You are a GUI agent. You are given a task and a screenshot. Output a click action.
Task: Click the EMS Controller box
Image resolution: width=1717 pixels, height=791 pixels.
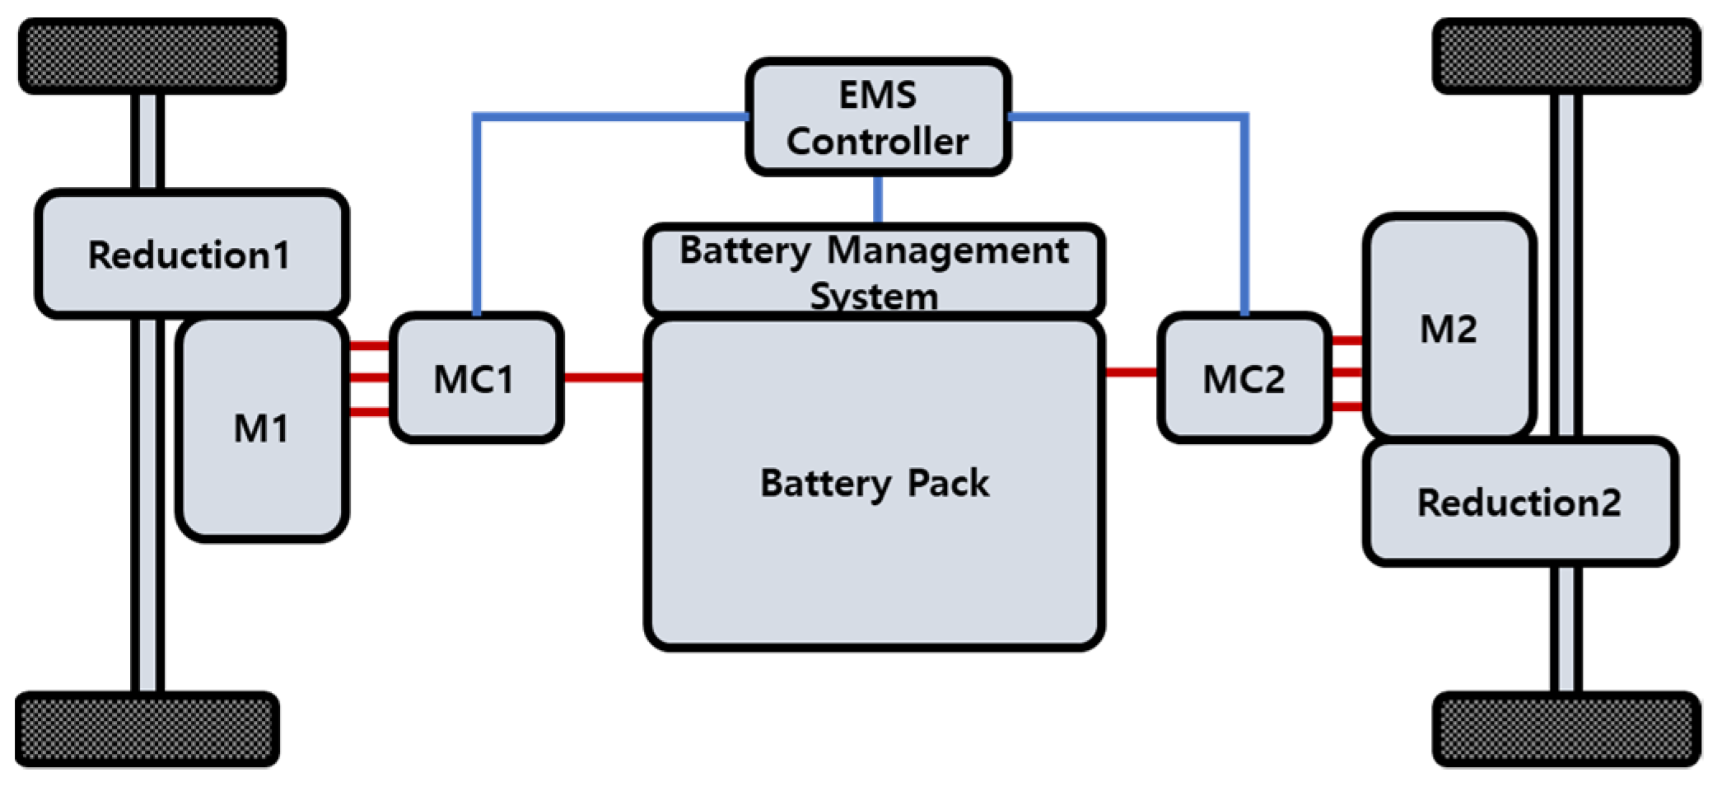pyautogui.click(x=878, y=117)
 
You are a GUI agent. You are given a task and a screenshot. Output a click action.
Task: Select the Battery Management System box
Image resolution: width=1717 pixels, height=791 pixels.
pyautogui.click(x=874, y=271)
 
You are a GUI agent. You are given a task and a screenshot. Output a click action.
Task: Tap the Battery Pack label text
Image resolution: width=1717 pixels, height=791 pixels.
pyautogui.click(x=874, y=483)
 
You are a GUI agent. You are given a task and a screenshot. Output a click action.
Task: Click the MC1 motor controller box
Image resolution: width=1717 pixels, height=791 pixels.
pyautogui.click(x=476, y=378)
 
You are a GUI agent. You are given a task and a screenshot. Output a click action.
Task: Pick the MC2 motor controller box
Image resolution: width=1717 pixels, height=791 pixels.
pyautogui.click(x=1243, y=378)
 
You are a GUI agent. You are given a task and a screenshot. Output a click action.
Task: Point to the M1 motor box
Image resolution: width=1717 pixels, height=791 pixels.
pyautogui.click(x=262, y=429)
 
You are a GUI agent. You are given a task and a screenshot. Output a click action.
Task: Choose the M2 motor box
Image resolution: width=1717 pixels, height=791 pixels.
pyautogui.click(x=1449, y=327)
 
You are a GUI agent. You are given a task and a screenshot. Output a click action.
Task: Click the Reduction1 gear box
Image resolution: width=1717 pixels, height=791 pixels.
pyautogui.click(x=190, y=254)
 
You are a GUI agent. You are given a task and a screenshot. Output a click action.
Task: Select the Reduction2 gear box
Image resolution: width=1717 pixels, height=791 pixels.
pyautogui.click(x=1519, y=502)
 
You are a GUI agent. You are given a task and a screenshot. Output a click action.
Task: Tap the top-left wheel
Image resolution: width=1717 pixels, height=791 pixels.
pyautogui.click(x=152, y=56)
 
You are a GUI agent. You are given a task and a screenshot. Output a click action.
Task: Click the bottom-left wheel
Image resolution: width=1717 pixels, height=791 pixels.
pyautogui.click(x=147, y=729)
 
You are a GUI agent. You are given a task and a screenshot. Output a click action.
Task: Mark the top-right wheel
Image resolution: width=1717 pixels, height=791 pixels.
pyautogui.click(x=1566, y=56)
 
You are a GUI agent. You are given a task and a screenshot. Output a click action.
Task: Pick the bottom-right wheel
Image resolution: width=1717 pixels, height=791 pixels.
pyautogui.click(x=1566, y=729)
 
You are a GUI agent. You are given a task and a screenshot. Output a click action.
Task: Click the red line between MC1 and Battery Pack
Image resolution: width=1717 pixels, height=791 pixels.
pyautogui.click(x=604, y=378)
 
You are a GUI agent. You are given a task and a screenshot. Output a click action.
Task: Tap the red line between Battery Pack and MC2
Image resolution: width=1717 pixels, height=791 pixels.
pyautogui.click(x=1131, y=372)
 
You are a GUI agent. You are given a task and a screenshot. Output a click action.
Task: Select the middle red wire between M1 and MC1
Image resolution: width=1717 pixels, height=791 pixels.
pyautogui.click(x=369, y=378)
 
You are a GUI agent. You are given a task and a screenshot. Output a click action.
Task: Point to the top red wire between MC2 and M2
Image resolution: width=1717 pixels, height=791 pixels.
pyautogui.click(x=1346, y=339)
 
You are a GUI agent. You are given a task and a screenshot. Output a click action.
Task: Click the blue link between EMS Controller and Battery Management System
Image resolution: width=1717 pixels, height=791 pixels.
pyautogui.click(x=878, y=199)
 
